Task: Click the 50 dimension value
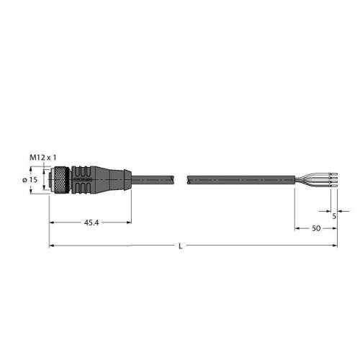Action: (x=315, y=228)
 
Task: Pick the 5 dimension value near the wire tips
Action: (x=334, y=214)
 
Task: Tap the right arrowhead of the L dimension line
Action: (x=334, y=246)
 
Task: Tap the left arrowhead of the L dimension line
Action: (x=52, y=246)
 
